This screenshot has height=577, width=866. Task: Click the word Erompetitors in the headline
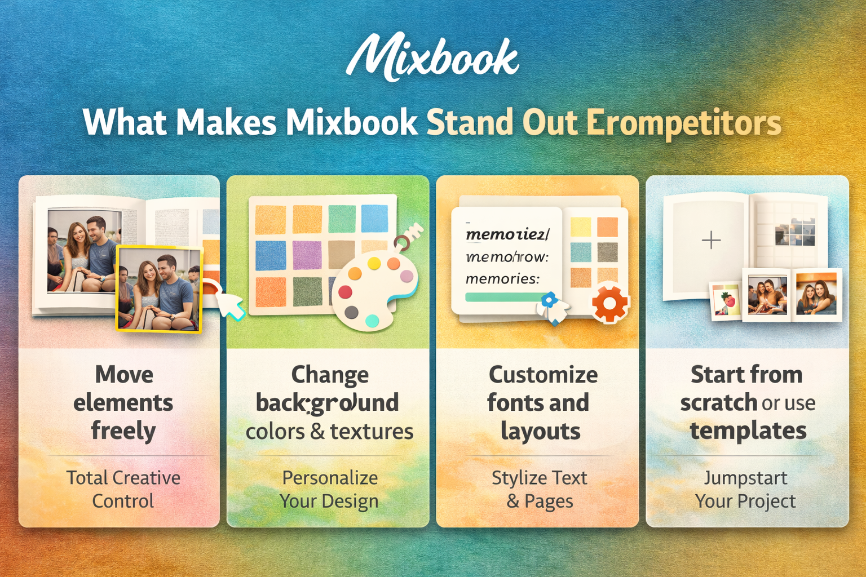coord(683,123)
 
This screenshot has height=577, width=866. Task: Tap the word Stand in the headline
coord(470,122)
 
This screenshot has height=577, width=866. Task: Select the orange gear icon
coord(609,304)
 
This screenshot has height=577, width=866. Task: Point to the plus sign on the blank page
coord(711,240)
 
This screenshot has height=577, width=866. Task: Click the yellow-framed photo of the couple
coord(158,289)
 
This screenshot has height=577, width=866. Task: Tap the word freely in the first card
coord(123,431)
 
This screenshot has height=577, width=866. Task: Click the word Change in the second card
coord(330,375)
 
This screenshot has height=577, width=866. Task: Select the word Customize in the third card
coord(543,375)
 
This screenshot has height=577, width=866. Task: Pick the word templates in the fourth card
coord(748,431)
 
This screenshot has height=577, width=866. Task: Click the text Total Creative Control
coord(123,489)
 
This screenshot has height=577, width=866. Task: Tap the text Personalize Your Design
coord(330,489)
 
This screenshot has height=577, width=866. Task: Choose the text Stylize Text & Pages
coord(540,489)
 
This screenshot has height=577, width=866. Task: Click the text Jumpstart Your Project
coord(745,489)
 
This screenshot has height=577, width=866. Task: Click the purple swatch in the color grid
coord(307,255)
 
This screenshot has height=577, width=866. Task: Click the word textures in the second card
coord(372,432)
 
